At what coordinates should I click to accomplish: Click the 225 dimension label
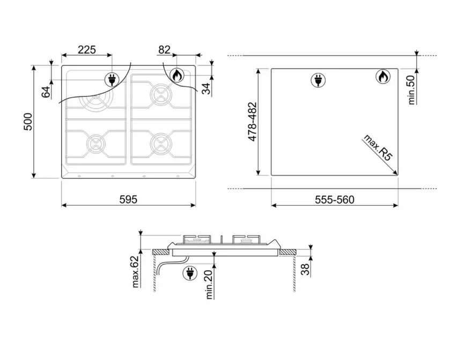click(87, 50)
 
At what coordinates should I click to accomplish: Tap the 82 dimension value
click(165, 50)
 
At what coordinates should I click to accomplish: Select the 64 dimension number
click(46, 92)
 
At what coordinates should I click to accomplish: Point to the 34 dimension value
click(206, 89)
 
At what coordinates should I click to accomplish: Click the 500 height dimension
click(28, 122)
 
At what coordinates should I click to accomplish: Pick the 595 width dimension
click(128, 199)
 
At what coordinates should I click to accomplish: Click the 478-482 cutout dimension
click(253, 122)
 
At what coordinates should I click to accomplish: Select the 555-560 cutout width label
click(335, 199)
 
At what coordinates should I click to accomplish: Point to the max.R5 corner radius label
click(378, 148)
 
